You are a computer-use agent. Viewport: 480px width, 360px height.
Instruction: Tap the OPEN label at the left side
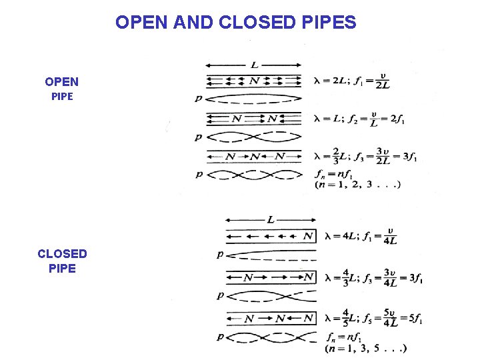pos(61,82)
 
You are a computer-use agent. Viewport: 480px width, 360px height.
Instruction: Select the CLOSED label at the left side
pos(62,254)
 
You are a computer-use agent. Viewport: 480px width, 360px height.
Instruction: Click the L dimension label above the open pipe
pos(255,65)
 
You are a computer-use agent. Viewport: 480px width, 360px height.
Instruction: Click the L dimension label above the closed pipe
pos(270,219)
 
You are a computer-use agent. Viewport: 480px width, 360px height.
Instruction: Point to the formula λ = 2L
pos(328,81)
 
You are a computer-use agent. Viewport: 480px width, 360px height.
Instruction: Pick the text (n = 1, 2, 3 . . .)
pos(357,185)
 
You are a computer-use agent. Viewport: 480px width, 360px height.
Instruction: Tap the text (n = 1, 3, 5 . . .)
pos(366,348)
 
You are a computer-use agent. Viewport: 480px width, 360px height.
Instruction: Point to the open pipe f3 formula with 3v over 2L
pos(381,157)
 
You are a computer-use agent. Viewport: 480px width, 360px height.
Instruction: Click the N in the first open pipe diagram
pos(254,81)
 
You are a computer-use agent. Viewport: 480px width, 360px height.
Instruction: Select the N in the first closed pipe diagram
pos(307,236)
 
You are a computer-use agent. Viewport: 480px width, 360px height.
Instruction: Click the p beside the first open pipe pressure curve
pos(198,99)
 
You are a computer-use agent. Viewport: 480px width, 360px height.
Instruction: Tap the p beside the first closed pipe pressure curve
pos(220,254)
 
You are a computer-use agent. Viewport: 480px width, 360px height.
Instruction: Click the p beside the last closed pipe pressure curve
pos(220,337)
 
